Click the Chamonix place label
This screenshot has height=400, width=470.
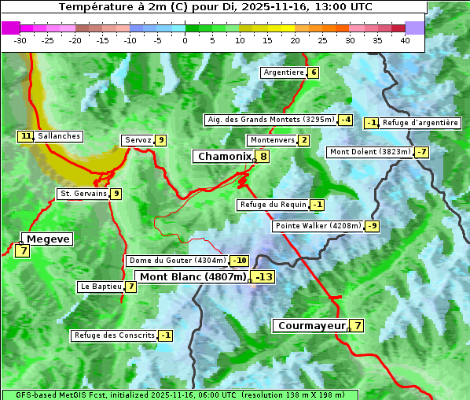click(224, 157)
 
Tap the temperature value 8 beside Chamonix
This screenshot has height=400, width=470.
click(264, 157)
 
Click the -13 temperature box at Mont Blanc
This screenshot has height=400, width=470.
click(263, 277)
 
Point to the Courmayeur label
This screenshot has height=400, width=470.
click(312, 325)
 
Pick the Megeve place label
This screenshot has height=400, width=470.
click(48, 239)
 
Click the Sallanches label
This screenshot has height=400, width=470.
click(59, 136)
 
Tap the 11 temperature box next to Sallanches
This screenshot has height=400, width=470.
click(26, 136)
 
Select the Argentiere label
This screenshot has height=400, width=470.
click(284, 72)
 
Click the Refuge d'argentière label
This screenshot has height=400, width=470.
click(420, 123)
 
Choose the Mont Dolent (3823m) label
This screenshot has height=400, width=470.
click(370, 152)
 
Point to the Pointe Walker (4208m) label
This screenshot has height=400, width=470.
click(318, 226)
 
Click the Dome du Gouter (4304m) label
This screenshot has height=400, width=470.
click(177, 261)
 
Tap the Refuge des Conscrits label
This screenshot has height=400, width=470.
click(114, 335)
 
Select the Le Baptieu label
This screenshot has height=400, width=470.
click(101, 287)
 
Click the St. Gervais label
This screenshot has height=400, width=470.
click(83, 194)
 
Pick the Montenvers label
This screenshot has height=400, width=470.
click(272, 140)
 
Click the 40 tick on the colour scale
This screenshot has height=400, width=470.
click(405, 40)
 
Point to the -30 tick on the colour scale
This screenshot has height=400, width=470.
click(20, 40)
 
